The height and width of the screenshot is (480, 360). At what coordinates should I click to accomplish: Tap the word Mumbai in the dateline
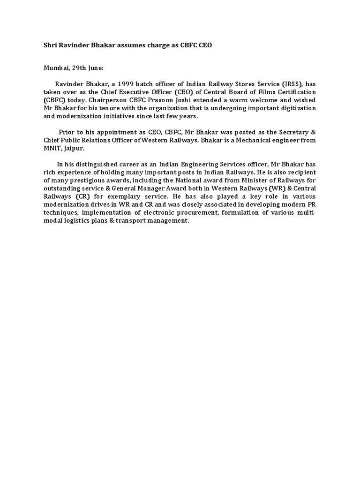click(x=52, y=68)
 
